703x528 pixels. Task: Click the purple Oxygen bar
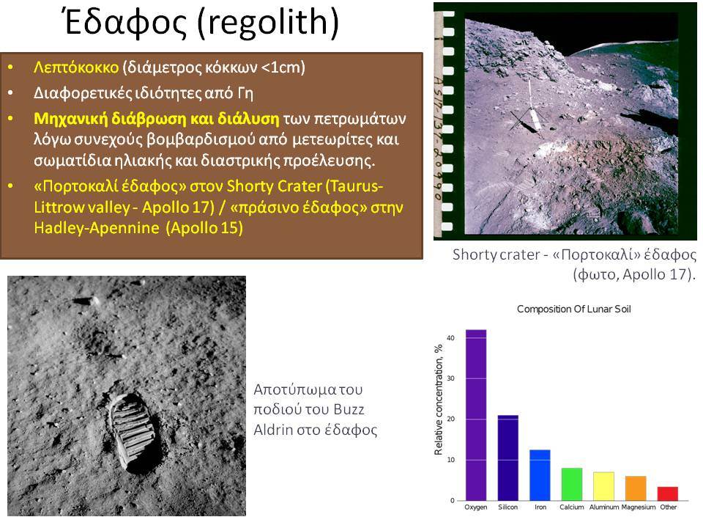pyautogui.click(x=476, y=415)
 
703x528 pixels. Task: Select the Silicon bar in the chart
pyautogui.click(x=508, y=458)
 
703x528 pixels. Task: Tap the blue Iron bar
pyautogui.click(x=540, y=475)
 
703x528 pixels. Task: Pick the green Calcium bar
pyautogui.click(x=572, y=485)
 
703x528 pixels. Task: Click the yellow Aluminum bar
pyautogui.click(x=603, y=486)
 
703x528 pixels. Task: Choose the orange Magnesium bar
pyautogui.click(x=636, y=488)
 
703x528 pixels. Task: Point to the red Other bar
pyautogui.click(x=668, y=494)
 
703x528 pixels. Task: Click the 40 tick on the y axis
pyautogui.click(x=450, y=337)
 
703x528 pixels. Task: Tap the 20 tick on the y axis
pyautogui.click(x=450, y=419)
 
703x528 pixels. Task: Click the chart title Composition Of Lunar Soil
pyautogui.click(x=574, y=309)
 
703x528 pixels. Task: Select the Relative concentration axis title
pyautogui.click(x=439, y=400)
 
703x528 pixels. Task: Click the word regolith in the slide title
pyautogui.click(x=268, y=23)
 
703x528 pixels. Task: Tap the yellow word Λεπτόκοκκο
pyautogui.click(x=76, y=67)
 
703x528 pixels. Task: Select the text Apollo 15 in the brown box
pyautogui.click(x=204, y=227)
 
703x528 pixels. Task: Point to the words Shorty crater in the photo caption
pyautogui.click(x=496, y=254)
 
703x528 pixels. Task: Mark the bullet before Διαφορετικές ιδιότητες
pyautogui.click(x=10, y=93)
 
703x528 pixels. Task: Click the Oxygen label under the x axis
pyautogui.click(x=476, y=507)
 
